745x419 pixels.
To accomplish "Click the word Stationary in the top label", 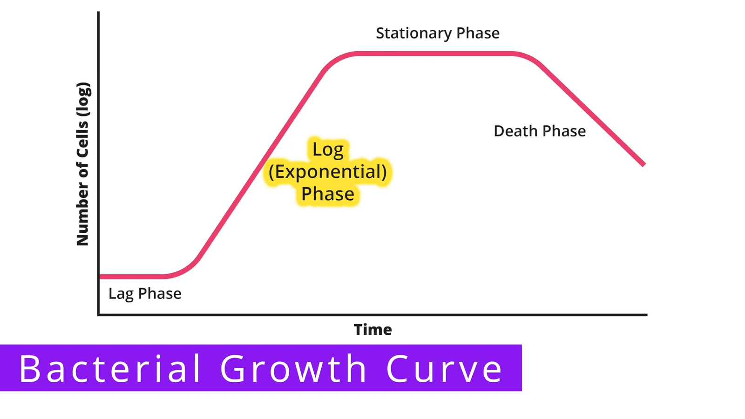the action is [x=414, y=34].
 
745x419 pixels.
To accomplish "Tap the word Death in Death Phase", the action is [x=515, y=131].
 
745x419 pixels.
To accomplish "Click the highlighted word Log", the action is [x=328, y=150].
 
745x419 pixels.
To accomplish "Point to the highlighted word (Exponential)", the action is [x=328, y=172].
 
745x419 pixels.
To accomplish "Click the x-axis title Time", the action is [x=373, y=330].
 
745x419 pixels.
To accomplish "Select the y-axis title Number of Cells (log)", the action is [x=83, y=164].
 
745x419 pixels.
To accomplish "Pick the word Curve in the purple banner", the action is [x=444, y=369].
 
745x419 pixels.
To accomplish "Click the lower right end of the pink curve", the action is [x=644, y=165].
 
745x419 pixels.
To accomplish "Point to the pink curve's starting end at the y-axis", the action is [x=101, y=277].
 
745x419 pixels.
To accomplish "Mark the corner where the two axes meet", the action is [x=98, y=315].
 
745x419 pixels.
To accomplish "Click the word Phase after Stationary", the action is [x=478, y=33].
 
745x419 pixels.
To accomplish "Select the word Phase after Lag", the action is [x=160, y=294].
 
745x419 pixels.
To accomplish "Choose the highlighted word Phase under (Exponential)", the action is [x=328, y=194].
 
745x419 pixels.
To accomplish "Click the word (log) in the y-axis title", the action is [x=83, y=99].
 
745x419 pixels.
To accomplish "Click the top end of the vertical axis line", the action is [x=98, y=12].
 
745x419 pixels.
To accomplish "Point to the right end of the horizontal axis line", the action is [x=647, y=315].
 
